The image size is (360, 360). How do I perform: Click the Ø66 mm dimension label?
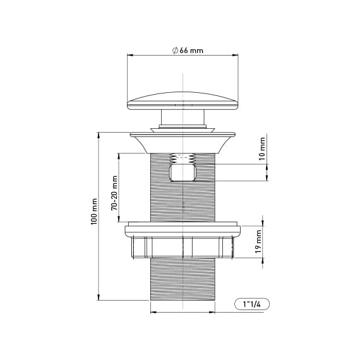coord(187,51)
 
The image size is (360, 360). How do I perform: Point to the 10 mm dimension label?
coord(263,152)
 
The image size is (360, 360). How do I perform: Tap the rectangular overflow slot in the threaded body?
coord(183,172)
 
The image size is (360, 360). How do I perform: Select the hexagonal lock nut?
coord(183,246)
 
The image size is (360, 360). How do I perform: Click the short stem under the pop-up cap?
coord(183,119)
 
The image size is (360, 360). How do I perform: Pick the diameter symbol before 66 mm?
coord(174,51)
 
